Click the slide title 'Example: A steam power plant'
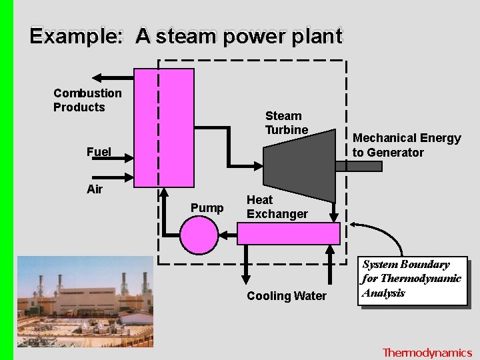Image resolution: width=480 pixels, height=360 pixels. point(186,36)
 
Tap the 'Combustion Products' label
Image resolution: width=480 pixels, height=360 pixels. point(87,100)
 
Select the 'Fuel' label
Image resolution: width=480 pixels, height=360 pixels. point(99,152)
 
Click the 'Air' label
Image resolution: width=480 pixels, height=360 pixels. point(95,189)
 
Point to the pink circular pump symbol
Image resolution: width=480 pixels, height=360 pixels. point(199,235)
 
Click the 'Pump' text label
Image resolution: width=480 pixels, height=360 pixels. point(207,208)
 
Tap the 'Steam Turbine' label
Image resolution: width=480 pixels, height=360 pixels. point(287,123)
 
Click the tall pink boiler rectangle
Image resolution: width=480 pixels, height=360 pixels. point(164,127)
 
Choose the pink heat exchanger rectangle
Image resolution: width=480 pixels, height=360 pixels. point(289,234)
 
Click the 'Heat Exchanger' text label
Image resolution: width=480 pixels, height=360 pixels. point(277,207)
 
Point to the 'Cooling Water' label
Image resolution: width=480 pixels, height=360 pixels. point(287,296)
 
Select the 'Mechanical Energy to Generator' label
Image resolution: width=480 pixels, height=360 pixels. point(407,145)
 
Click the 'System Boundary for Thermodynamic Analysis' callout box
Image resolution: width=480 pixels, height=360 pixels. point(412,280)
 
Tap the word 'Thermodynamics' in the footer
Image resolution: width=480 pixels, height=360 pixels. point(427,353)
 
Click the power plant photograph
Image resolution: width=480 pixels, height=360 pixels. point(85,301)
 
